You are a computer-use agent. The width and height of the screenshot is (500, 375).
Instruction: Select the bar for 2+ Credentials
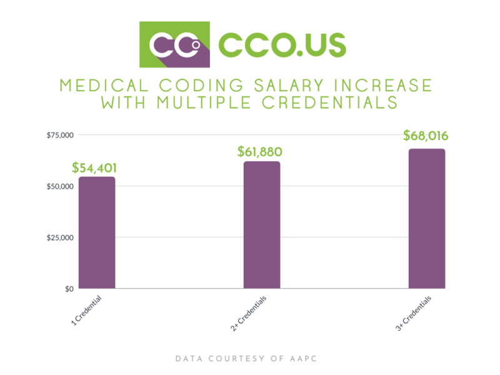click(261, 225)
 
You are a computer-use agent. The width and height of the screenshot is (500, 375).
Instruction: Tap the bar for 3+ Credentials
click(426, 219)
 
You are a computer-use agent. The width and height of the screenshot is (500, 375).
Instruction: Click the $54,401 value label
click(94, 167)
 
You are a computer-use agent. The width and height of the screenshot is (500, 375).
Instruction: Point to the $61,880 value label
click(260, 151)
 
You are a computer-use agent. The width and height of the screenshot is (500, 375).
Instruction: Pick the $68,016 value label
click(426, 136)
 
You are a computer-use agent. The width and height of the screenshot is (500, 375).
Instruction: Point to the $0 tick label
click(68, 289)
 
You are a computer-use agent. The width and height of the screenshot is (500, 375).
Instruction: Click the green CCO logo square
click(174, 44)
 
